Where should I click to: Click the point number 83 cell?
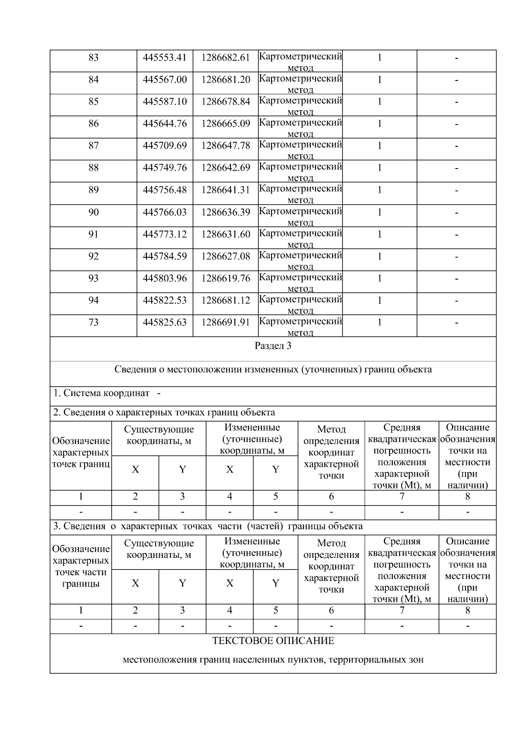(x=93, y=57)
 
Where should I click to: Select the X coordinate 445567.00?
(x=165, y=79)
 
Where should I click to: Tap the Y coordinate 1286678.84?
(x=225, y=101)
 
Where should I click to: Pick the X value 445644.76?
(x=165, y=124)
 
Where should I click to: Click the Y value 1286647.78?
(x=225, y=145)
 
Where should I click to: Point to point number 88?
(x=93, y=168)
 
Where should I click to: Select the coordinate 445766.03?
(x=165, y=212)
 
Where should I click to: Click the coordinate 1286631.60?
(x=225, y=234)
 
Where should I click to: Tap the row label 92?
(x=93, y=256)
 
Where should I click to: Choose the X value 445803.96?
(x=165, y=278)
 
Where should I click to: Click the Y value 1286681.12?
(x=225, y=300)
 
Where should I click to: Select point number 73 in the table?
(x=93, y=322)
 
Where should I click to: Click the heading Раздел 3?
(x=273, y=346)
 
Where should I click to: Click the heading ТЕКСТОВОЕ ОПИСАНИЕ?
(x=273, y=641)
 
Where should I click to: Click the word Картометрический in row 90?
(x=300, y=211)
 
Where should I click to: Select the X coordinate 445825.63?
(x=165, y=322)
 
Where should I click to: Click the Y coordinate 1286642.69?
(x=225, y=168)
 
